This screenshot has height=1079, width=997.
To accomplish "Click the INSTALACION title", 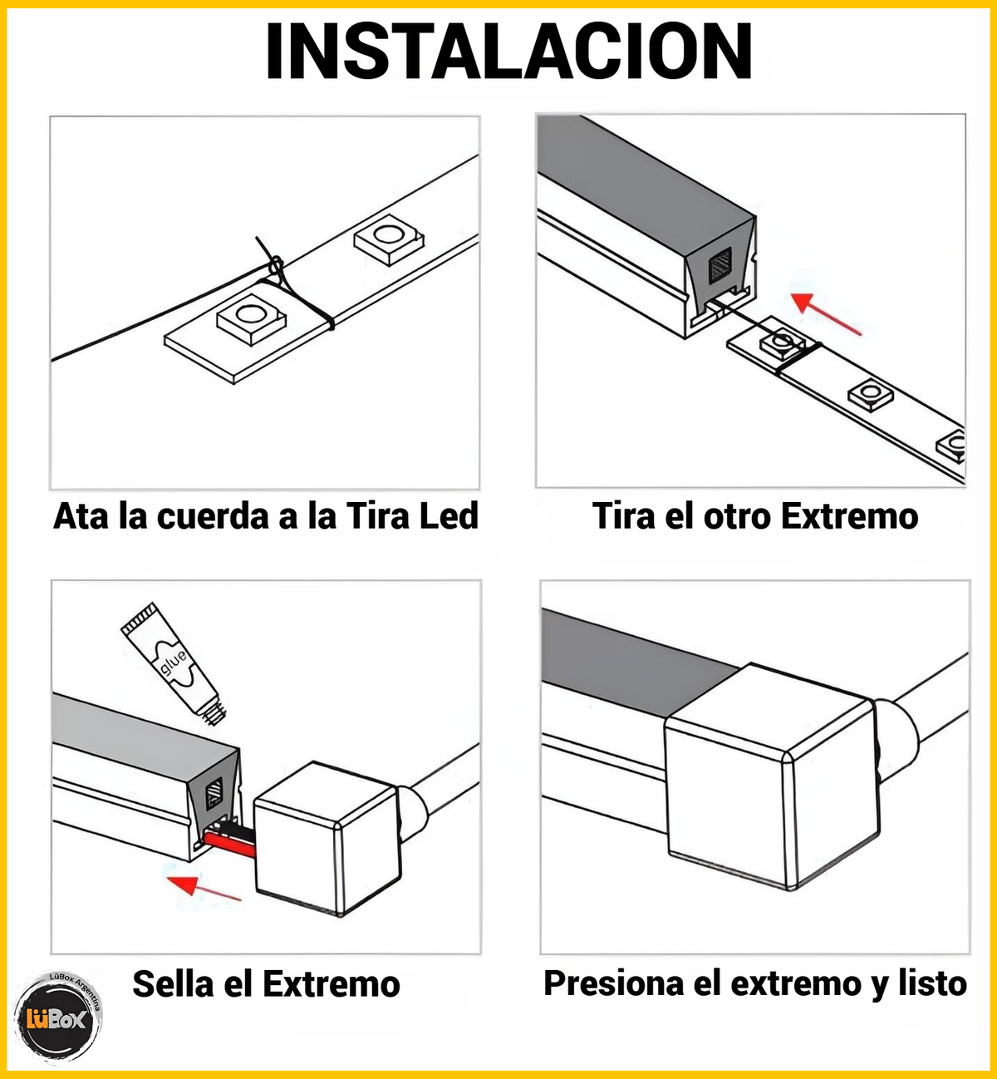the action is [508, 52].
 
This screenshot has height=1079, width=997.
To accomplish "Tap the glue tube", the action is [174, 664].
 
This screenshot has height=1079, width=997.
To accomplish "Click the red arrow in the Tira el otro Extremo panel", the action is [825, 314].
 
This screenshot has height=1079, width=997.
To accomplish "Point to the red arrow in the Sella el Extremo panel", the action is [204, 887].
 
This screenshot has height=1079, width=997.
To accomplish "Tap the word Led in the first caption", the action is [449, 516].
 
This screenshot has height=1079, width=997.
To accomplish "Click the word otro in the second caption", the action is [736, 516].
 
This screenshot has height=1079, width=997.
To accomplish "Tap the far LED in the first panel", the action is [388, 239].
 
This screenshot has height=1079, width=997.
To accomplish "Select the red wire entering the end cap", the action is [229, 845].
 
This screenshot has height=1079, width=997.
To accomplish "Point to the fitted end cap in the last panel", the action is [771, 776].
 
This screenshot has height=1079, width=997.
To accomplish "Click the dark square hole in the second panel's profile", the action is [720, 265].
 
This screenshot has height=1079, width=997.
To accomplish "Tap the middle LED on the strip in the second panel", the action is [871, 393].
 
